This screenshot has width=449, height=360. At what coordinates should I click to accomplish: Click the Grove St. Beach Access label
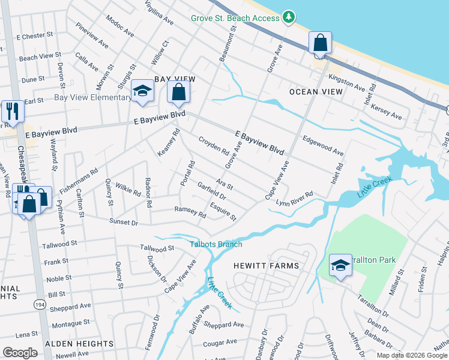pyautogui.click(x=235, y=18)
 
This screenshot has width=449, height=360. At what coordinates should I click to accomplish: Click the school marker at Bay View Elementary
pyautogui.click(x=143, y=91)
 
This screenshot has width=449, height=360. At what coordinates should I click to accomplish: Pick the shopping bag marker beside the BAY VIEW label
pyautogui.click(x=178, y=92)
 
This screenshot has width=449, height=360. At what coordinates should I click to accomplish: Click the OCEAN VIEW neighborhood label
pyautogui.click(x=316, y=92)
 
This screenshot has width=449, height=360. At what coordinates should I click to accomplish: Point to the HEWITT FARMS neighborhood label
pyautogui.click(x=266, y=265)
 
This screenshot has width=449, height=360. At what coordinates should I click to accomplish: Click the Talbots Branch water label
pyautogui.click(x=216, y=244)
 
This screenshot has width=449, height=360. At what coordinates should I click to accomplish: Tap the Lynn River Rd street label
pyautogui.click(x=295, y=199)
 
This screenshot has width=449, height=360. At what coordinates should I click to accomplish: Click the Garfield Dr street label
pyautogui.click(x=211, y=191)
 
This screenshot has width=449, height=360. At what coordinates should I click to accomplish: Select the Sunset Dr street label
pyautogui.click(x=124, y=222)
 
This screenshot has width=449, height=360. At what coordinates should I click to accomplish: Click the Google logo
pyautogui.click(x=20, y=353)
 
